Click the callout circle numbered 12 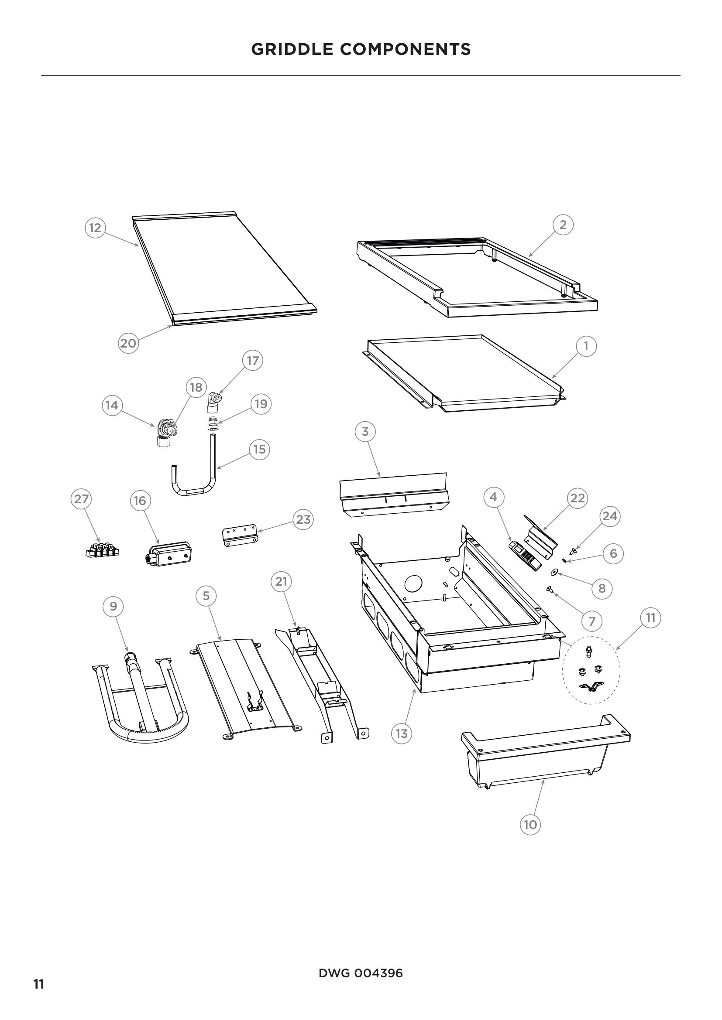tap(95, 228)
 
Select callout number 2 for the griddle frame tap(563, 225)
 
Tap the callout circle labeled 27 tap(81, 499)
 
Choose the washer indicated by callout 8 tap(554, 571)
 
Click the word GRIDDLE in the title tap(291, 49)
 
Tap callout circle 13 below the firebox tap(402, 733)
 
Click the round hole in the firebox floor tap(413, 583)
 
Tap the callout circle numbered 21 tap(281, 582)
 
